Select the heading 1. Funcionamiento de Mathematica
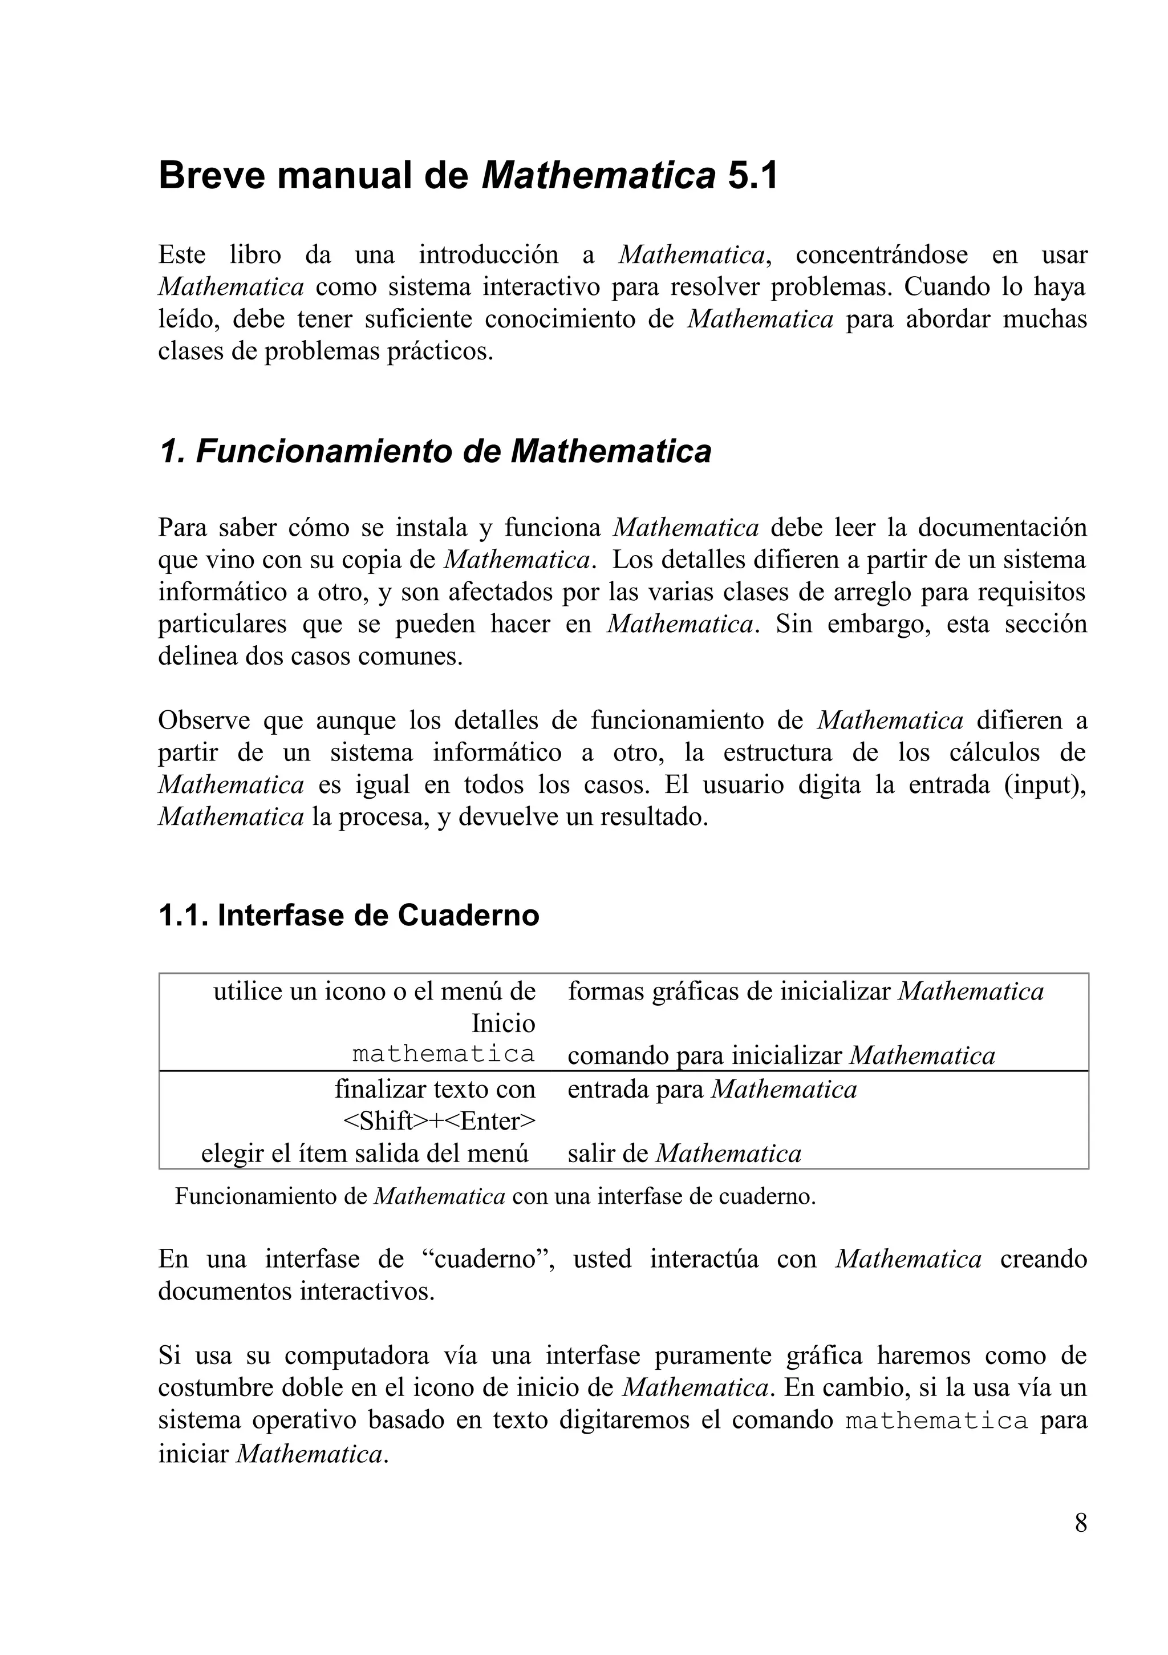(435, 451)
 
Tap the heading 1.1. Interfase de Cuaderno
(348, 916)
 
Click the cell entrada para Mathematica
(712, 1089)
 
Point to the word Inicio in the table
(503, 1023)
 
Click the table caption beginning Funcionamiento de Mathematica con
(495, 1196)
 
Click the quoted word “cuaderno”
(488, 1259)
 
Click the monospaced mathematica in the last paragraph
(936, 1421)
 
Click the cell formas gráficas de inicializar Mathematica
(806, 991)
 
